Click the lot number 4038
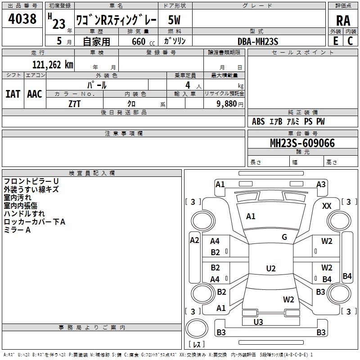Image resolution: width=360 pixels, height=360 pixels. coord(22,19)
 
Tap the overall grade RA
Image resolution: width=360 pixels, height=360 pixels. coord(343,21)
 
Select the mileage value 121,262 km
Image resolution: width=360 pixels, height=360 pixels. coord(53,65)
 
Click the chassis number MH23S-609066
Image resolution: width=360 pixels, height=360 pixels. coord(302,143)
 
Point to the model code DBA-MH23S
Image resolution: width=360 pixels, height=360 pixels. coord(257,41)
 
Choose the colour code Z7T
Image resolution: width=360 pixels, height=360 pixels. coord(74,104)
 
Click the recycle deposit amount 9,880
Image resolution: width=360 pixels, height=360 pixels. coord(226,104)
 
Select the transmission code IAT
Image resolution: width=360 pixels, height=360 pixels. coord(13,94)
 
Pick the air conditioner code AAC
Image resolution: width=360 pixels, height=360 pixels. coord(35,94)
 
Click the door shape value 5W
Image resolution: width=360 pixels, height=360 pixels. coord(174,20)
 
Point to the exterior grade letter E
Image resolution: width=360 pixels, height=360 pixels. coord(335,41)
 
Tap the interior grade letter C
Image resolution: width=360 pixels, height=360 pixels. coord(350,41)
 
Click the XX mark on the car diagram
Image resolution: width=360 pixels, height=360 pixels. coord(327,206)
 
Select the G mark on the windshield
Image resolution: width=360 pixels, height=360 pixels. coord(284,237)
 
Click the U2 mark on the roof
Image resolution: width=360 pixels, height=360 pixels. coord(271,268)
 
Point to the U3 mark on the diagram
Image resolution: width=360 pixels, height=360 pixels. coord(258,322)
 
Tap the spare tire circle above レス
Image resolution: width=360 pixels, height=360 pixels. coord(197,328)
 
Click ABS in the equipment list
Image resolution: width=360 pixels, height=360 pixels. coord(258,121)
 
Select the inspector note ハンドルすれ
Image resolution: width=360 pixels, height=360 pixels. coord(24,213)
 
